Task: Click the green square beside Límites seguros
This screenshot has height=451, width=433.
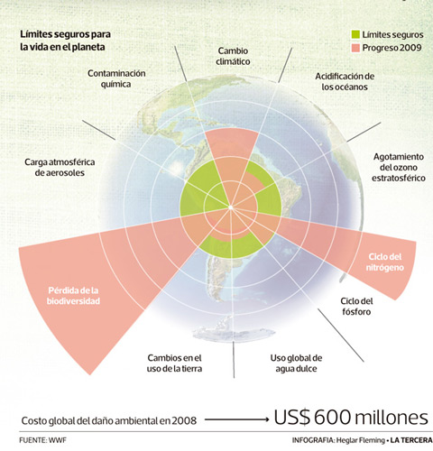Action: pos(355,34)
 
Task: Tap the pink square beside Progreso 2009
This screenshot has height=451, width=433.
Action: pos(355,48)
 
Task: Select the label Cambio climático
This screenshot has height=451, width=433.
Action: pos(233,56)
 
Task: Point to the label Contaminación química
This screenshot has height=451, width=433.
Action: pos(116,78)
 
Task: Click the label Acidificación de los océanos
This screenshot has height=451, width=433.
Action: pos(345,81)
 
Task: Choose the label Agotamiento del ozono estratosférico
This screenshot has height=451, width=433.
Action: pos(399,167)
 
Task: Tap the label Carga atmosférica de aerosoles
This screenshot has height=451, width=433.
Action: pos(60,167)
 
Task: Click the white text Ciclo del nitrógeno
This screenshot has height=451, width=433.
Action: pos(385,262)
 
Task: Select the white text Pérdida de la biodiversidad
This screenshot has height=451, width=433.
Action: pos(73,296)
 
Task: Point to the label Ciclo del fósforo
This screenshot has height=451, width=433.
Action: pos(356,307)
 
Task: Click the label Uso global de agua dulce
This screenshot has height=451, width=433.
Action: pos(296,364)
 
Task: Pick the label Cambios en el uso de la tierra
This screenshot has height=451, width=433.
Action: pos(174,364)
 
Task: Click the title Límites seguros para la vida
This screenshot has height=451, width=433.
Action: pos(65,41)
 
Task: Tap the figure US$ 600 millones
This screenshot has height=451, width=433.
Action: pos(351,418)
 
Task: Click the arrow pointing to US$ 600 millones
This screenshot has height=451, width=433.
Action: pos(237,419)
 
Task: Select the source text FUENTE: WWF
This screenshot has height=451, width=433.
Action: pos(42,440)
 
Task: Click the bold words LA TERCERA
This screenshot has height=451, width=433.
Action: pos(411,440)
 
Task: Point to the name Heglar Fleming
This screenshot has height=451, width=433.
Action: pos(361,440)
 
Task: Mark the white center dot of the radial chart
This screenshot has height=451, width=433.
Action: pos(231,207)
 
